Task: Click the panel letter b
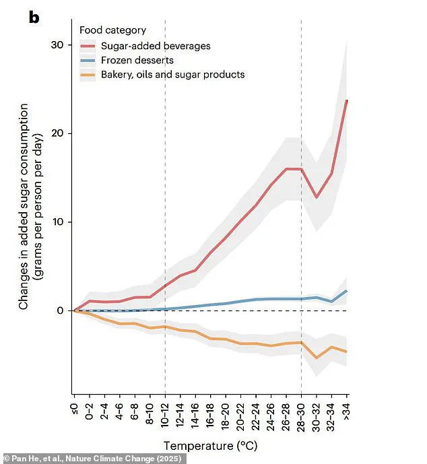coord(34,17)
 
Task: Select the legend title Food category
coord(112,30)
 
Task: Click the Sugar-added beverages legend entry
coord(156,46)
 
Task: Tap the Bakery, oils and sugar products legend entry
coord(172,74)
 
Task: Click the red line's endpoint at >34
coord(347,100)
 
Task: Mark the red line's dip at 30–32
coord(317,197)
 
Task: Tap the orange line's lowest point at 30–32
coord(317,357)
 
